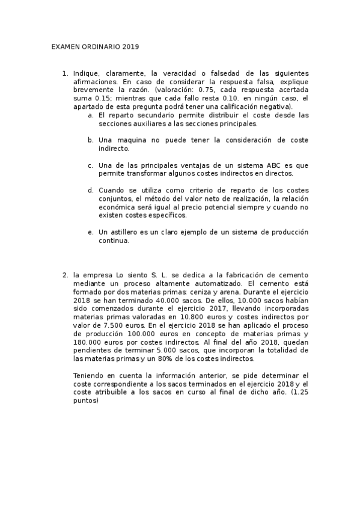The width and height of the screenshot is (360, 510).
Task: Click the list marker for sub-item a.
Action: tap(90, 115)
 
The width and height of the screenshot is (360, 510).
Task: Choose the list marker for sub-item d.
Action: tap(90, 190)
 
